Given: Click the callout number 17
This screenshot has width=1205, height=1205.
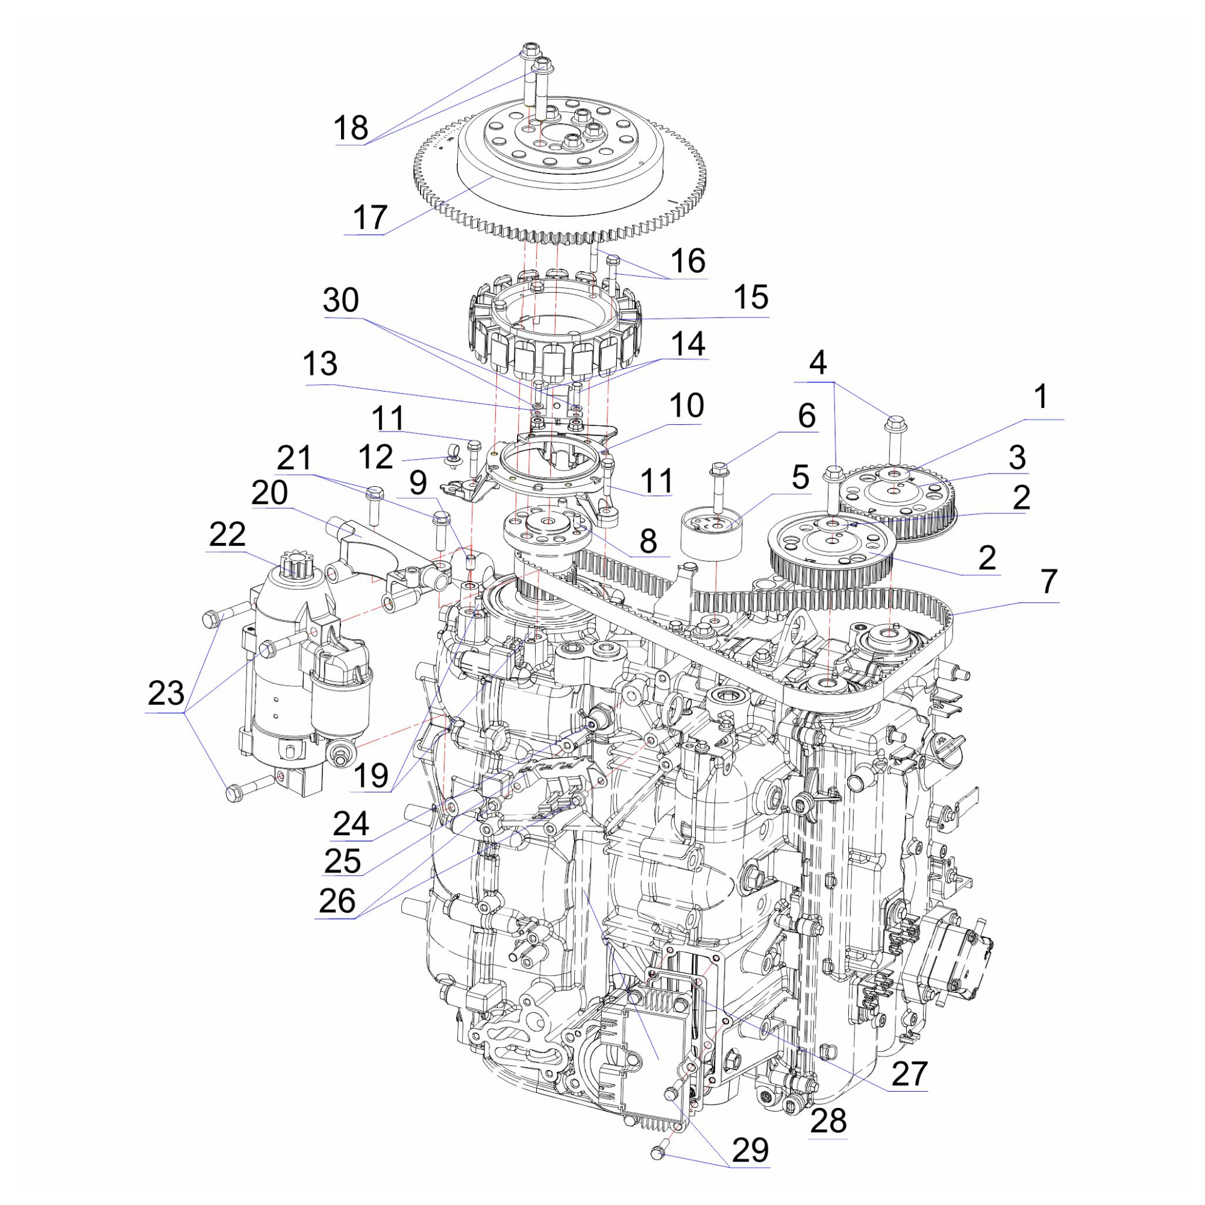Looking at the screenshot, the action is click(371, 218).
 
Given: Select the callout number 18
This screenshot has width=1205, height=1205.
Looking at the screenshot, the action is click(351, 128).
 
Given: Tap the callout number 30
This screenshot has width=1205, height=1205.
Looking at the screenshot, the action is click(341, 300).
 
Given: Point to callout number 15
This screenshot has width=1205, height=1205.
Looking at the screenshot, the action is click(750, 298).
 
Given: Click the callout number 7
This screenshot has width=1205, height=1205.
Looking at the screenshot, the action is click(1048, 581).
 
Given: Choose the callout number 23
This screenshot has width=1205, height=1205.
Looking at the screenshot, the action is click(166, 693).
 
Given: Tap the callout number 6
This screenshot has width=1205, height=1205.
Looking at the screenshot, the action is click(807, 415).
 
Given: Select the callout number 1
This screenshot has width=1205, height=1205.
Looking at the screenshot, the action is click(1040, 396).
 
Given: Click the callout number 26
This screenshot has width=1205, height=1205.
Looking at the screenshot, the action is click(337, 900).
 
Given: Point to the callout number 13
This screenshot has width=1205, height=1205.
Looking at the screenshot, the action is click(321, 363).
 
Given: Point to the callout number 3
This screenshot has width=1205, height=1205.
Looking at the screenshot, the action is click(1017, 457).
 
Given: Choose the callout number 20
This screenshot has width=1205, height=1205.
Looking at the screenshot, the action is click(269, 493).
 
